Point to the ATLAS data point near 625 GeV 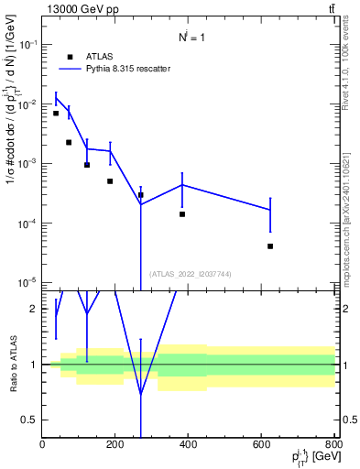click(x=270, y=246)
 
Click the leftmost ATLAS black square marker click(x=56, y=114)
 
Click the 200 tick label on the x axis click(x=115, y=444)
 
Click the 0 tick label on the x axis click(x=42, y=444)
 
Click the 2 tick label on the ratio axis click(x=34, y=309)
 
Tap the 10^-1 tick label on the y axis click(x=27, y=44)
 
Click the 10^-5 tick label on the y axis click(x=27, y=282)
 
